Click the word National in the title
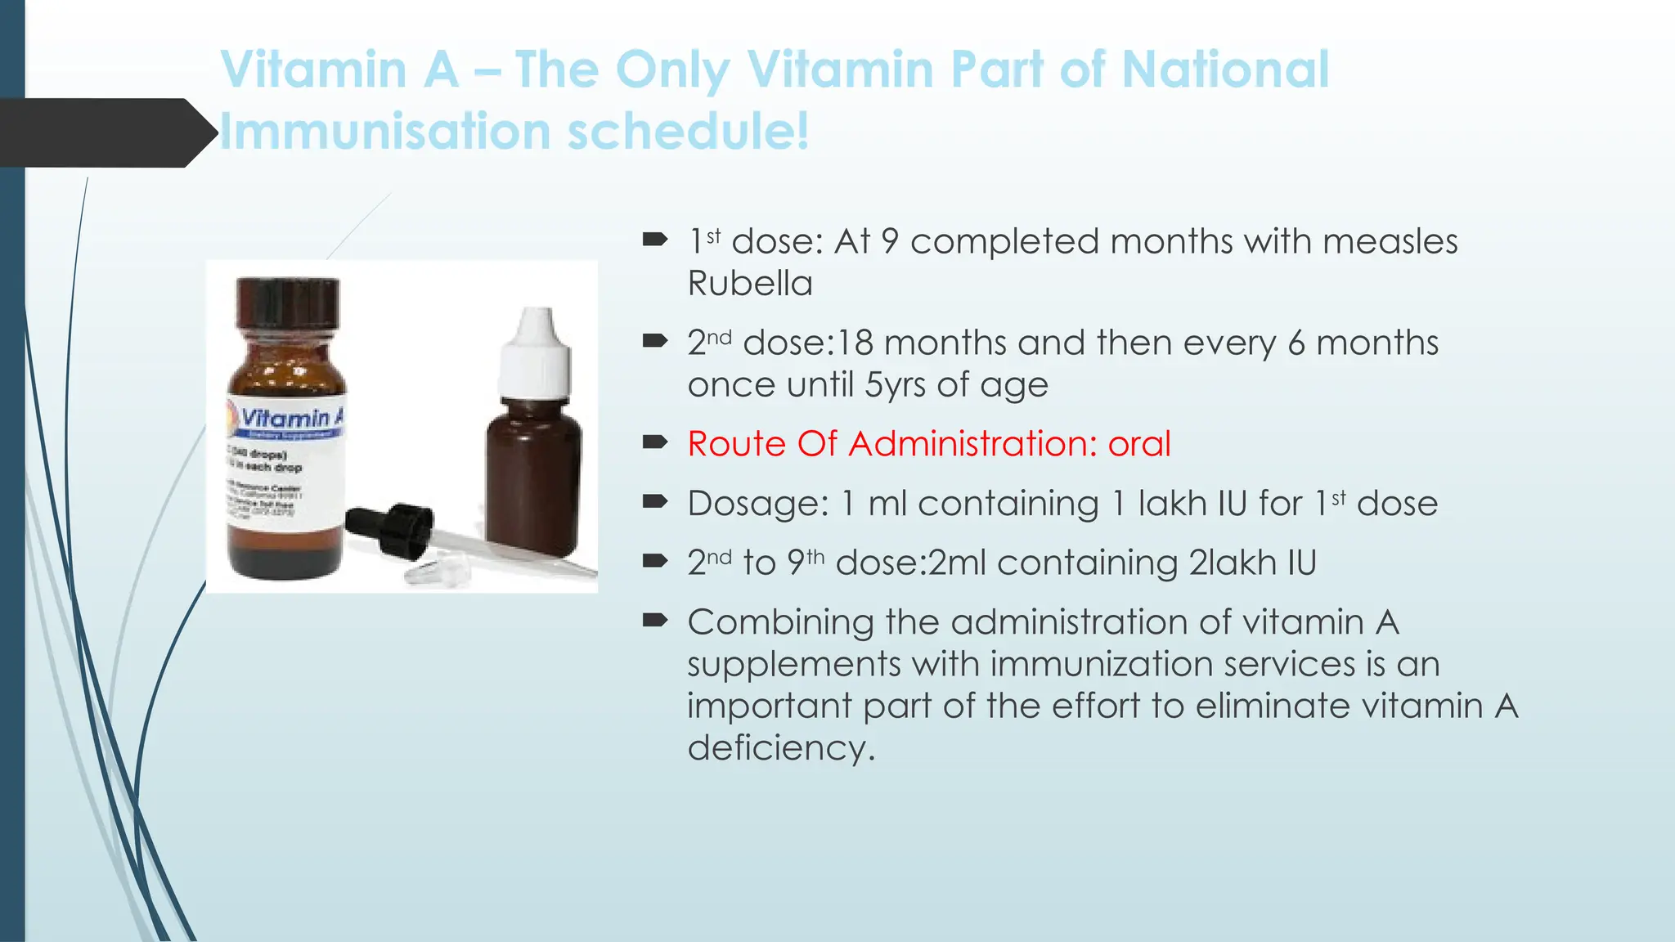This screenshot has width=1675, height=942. [1225, 70]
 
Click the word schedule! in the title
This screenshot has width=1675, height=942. [689, 132]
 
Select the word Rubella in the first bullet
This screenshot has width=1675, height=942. [750, 284]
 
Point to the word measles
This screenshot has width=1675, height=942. [1390, 242]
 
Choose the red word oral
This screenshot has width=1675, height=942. [1139, 444]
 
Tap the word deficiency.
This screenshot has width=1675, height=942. [780, 748]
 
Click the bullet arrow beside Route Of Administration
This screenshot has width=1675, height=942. [655, 442]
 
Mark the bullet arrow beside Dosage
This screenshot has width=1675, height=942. [655, 502]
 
